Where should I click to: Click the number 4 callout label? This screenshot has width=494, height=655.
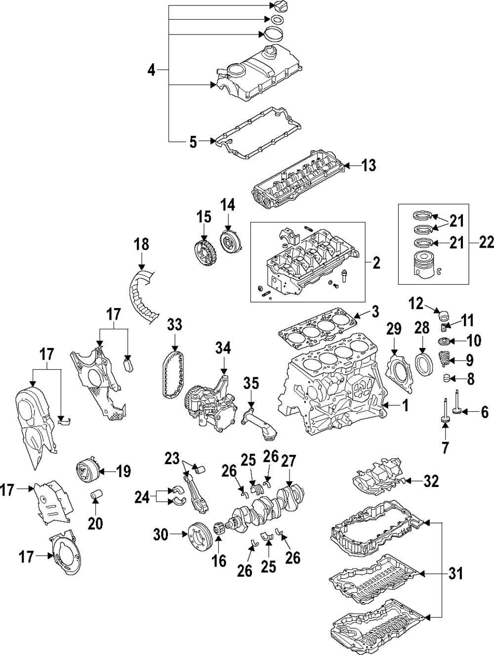pos(152,71)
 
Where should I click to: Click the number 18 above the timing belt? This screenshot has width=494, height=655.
pos(141,244)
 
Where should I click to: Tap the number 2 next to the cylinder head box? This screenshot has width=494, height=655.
pos(376,262)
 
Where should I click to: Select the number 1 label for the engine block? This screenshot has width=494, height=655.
pos(405,406)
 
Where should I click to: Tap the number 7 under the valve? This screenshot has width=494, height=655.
pos(445,447)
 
